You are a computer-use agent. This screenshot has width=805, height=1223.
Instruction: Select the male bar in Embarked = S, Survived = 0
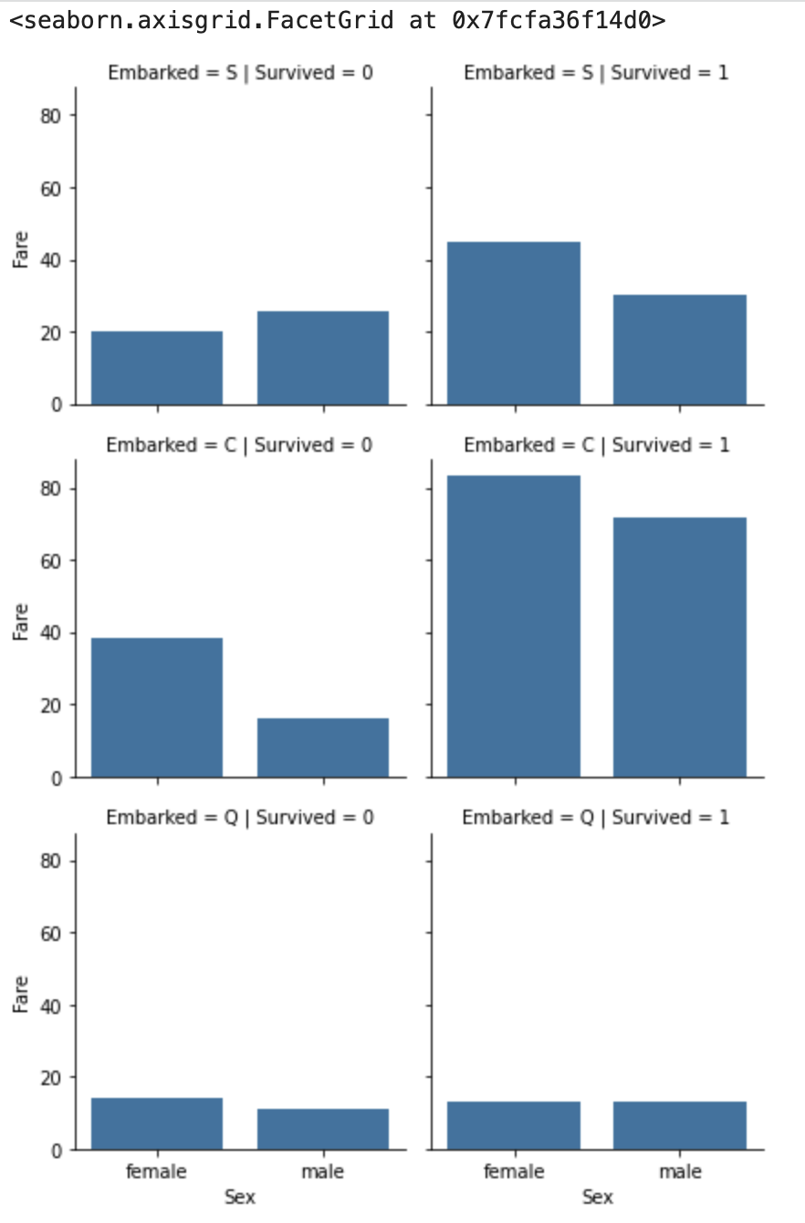pyautogui.click(x=323, y=358)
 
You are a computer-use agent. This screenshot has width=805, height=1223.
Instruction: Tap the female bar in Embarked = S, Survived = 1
pyautogui.click(x=514, y=323)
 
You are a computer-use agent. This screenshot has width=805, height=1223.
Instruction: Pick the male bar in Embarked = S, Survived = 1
pyautogui.click(x=680, y=350)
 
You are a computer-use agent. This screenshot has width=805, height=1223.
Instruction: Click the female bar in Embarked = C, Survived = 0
pyautogui.click(x=157, y=707)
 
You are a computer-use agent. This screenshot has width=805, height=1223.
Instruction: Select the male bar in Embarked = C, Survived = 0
pyautogui.click(x=323, y=747)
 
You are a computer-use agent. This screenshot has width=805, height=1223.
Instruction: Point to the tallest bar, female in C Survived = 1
pyautogui.click(x=514, y=626)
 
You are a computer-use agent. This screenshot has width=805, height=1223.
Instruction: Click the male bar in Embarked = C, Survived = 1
pyautogui.click(x=680, y=647)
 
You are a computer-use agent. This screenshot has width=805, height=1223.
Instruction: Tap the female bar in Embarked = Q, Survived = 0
pyautogui.click(x=157, y=1124)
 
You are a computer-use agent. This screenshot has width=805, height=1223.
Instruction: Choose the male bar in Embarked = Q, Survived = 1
pyautogui.click(x=680, y=1125)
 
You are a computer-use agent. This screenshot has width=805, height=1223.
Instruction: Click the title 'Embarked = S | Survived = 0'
pyautogui.click(x=240, y=73)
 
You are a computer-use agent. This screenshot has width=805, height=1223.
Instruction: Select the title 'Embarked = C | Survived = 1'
pyautogui.click(x=597, y=445)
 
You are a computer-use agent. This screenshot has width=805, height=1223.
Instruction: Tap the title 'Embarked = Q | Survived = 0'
pyautogui.click(x=240, y=817)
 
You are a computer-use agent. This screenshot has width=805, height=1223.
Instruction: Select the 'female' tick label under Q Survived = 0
pyautogui.click(x=156, y=1171)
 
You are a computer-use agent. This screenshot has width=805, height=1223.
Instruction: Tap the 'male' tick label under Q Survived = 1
pyautogui.click(x=680, y=1171)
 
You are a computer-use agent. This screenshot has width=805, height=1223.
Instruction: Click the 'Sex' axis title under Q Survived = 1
pyautogui.click(x=597, y=1197)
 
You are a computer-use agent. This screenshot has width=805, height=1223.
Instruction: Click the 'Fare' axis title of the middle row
pyautogui.click(x=20, y=622)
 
